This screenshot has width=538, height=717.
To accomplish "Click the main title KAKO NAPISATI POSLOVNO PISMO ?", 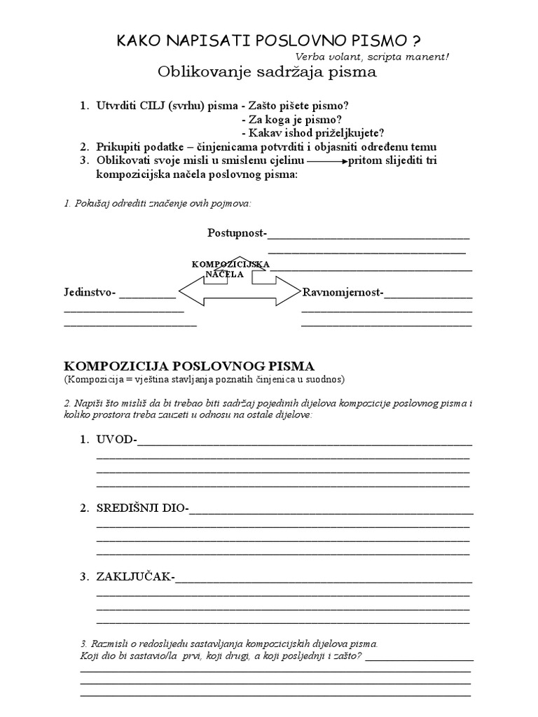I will [268, 41].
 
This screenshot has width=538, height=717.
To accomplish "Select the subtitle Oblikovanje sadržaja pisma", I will [267, 72].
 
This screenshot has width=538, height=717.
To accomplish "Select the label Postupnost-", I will [237, 232].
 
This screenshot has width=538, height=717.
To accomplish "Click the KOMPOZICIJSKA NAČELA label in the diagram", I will [230, 269].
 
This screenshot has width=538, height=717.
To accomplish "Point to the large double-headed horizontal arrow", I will [239, 291].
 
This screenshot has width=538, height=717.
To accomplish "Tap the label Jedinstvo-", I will [90, 292].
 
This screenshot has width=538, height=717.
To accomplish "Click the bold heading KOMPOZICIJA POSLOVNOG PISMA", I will [190, 366].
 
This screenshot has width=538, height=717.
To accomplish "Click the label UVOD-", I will [118, 440].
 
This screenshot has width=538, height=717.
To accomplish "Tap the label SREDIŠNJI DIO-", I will [143, 508].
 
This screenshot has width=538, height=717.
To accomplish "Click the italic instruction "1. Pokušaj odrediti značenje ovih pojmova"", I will [158, 203].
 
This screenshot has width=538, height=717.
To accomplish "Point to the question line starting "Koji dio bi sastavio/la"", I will [221, 656].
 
